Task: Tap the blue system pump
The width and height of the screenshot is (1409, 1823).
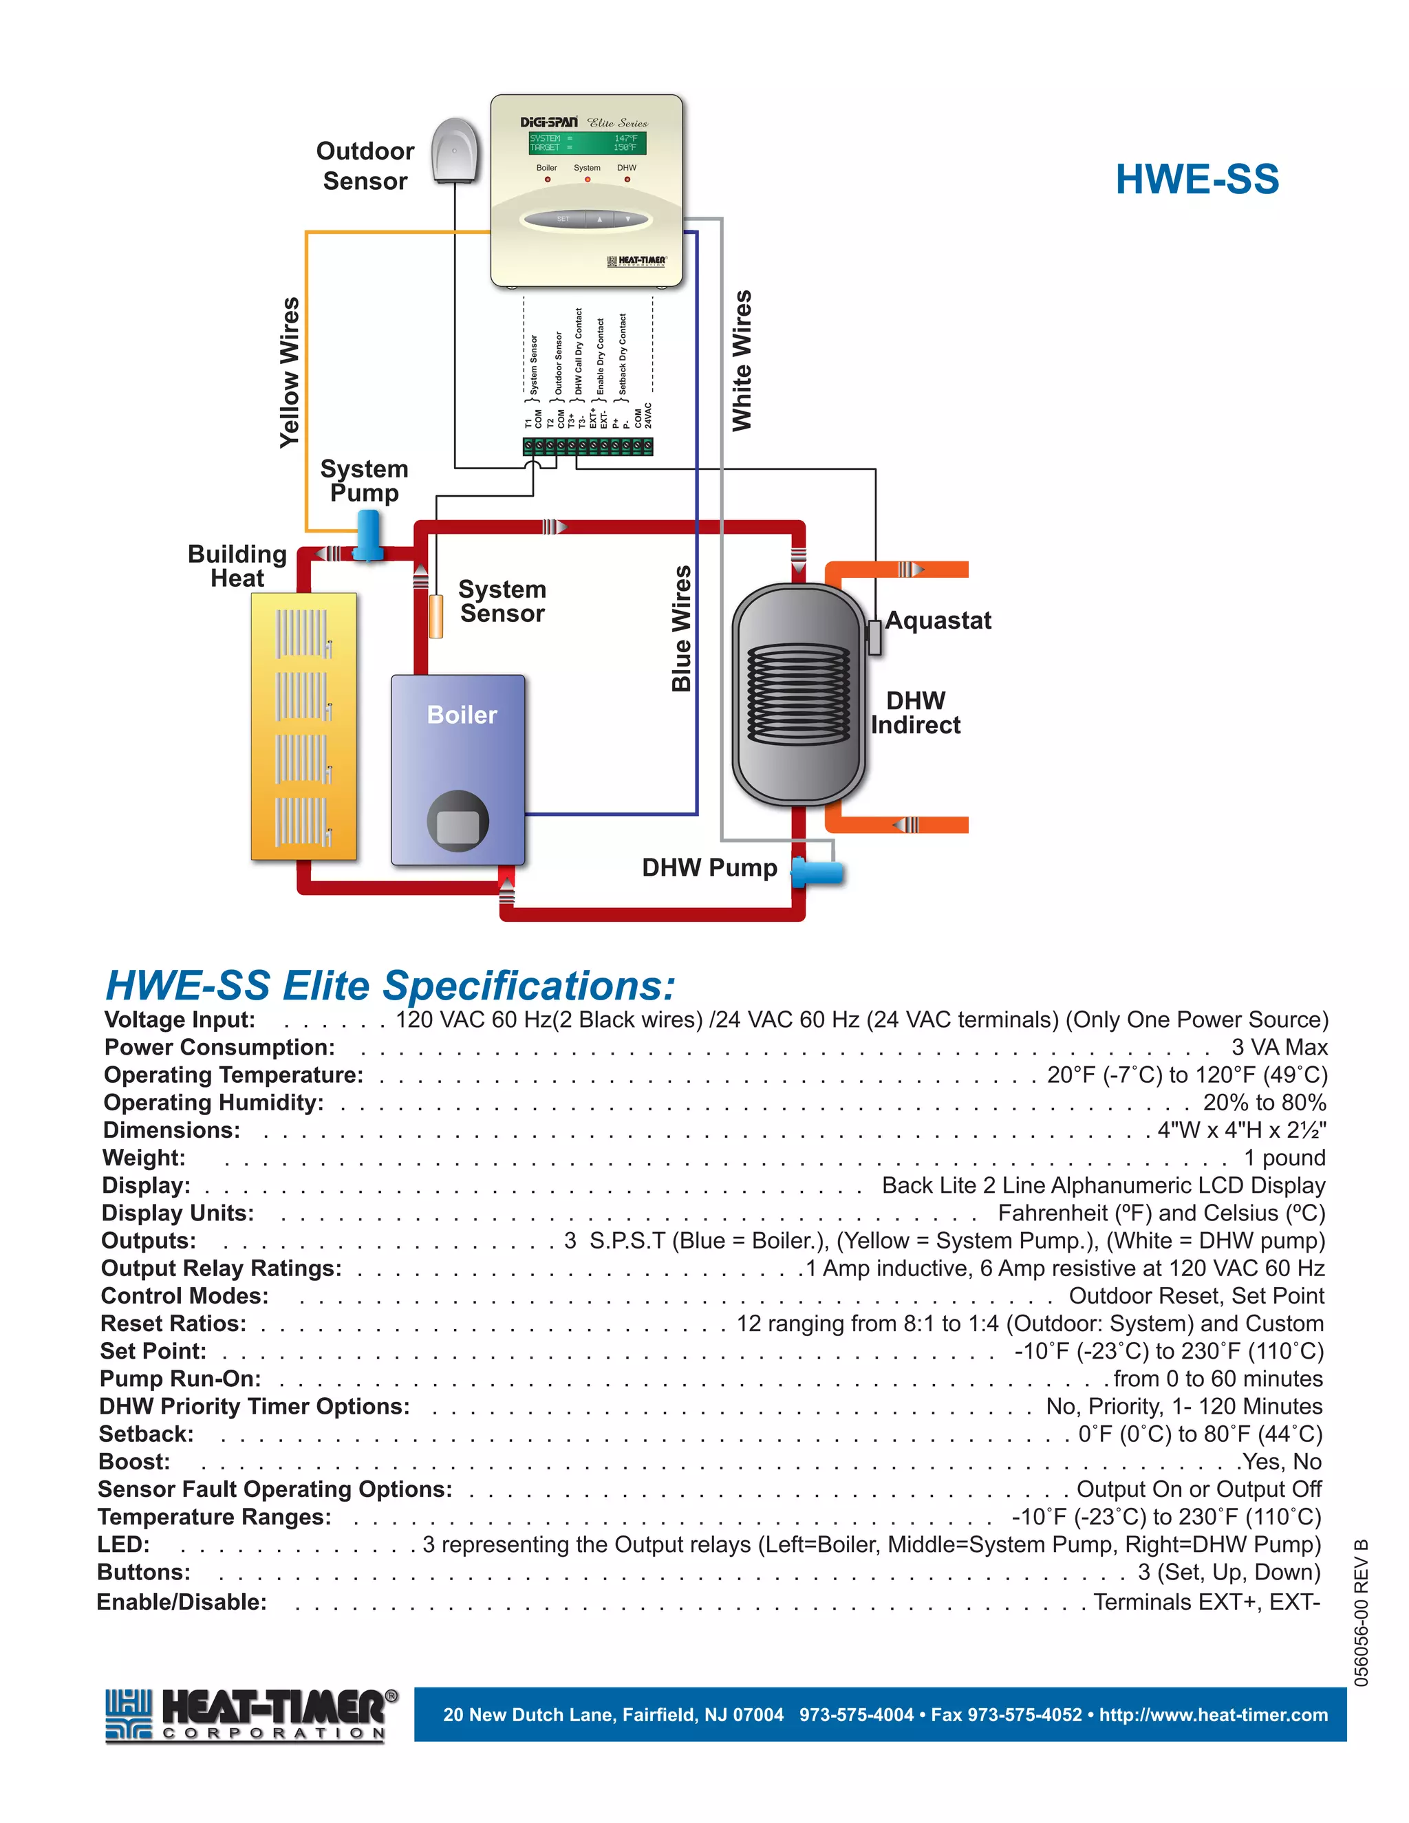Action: pyautogui.click(x=367, y=535)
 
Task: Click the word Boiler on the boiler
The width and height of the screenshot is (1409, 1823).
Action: pyautogui.click(x=462, y=715)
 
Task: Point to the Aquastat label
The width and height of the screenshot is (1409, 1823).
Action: pyautogui.click(x=938, y=621)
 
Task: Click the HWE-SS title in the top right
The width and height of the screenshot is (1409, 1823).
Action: pyautogui.click(x=1197, y=180)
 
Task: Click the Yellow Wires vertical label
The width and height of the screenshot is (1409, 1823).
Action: pyautogui.click(x=290, y=372)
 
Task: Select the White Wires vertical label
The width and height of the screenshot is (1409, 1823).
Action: pyautogui.click(x=741, y=360)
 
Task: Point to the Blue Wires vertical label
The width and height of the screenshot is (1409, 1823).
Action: pyautogui.click(x=682, y=629)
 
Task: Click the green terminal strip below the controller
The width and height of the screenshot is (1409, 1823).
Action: pyautogui.click(x=588, y=446)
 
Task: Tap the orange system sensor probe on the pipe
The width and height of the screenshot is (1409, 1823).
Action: pyautogui.click(x=435, y=616)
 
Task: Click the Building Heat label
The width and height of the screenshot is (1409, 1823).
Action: pyautogui.click(x=237, y=566)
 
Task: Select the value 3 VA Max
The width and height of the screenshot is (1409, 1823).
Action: pyautogui.click(x=1279, y=1048)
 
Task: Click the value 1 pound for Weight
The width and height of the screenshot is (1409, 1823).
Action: pyautogui.click(x=1284, y=1158)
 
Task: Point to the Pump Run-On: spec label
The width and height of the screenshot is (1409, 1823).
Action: pyautogui.click(x=180, y=1379)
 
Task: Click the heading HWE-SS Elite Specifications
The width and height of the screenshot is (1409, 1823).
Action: pyautogui.click(x=390, y=986)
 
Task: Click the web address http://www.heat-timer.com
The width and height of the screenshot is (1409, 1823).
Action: pyautogui.click(x=1213, y=1714)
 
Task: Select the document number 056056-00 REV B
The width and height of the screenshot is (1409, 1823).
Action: pyautogui.click(x=1362, y=1612)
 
